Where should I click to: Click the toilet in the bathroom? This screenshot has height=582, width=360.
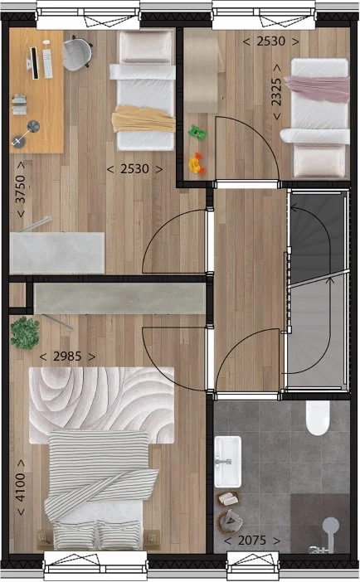319,419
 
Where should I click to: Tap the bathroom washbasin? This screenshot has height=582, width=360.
226,461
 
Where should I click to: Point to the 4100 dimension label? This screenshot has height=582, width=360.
21,487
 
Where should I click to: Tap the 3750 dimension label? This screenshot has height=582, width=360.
21,196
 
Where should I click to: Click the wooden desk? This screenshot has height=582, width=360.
36,91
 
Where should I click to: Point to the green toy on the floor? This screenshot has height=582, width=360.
197,131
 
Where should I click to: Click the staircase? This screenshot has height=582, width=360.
315,290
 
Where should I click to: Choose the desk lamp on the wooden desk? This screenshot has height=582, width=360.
33,127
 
